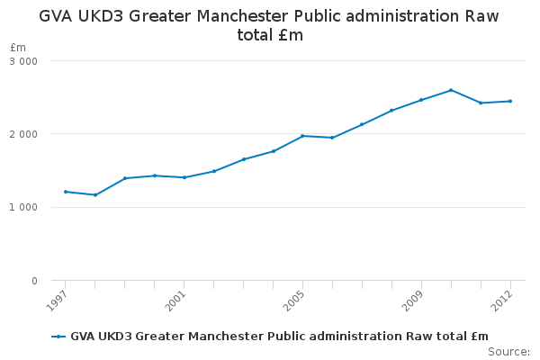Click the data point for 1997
click(66, 192)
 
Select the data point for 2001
click(184, 177)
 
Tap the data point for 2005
click(302, 136)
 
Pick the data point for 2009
click(421, 100)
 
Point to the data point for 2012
click(510, 101)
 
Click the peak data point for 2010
click(451, 90)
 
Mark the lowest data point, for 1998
click(95, 195)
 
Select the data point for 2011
click(481, 103)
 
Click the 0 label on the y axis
click(34, 282)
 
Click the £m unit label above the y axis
click(18, 47)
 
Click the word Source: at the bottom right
click(508, 351)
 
